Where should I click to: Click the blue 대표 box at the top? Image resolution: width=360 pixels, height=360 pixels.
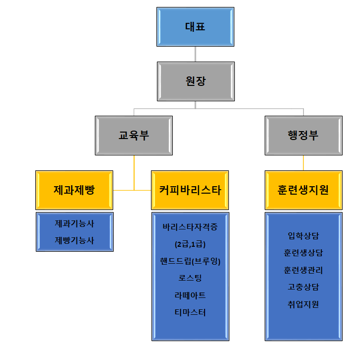click(x=195, y=27)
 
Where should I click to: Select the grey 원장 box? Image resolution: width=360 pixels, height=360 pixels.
click(x=195, y=81)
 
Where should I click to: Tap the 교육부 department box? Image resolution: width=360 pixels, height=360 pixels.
click(x=134, y=135)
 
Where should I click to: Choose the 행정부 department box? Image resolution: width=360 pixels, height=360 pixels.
click(x=303, y=135)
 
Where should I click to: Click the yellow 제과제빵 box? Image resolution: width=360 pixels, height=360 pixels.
click(x=74, y=190)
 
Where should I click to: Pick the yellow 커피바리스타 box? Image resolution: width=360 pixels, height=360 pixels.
click(x=190, y=190)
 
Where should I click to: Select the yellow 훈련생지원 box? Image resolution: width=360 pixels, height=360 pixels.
click(x=303, y=190)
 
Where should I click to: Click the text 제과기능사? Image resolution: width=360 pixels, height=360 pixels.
click(x=74, y=224)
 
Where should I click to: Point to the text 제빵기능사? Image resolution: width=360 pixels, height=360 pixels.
click(x=74, y=240)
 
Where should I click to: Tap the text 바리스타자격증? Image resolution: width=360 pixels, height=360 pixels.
click(x=190, y=227)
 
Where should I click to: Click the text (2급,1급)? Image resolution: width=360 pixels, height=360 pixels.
click(x=190, y=244)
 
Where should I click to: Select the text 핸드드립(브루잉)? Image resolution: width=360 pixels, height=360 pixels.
click(x=190, y=261)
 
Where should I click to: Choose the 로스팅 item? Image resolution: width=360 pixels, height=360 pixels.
click(x=190, y=278)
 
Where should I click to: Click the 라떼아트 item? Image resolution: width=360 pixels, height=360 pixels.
click(x=190, y=295)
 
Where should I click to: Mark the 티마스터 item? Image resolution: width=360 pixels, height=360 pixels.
click(x=190, y=312)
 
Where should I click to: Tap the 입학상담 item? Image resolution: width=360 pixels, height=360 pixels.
click(x=303, y=236)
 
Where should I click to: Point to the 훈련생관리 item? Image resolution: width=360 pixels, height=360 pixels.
click(x=303, y=270)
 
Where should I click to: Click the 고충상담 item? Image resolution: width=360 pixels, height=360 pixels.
click(x=303, y=287)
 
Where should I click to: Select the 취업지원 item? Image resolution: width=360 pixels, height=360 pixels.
click(x=303, y=304)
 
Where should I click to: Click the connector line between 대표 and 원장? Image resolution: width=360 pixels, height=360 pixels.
click(x=195, y=54)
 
